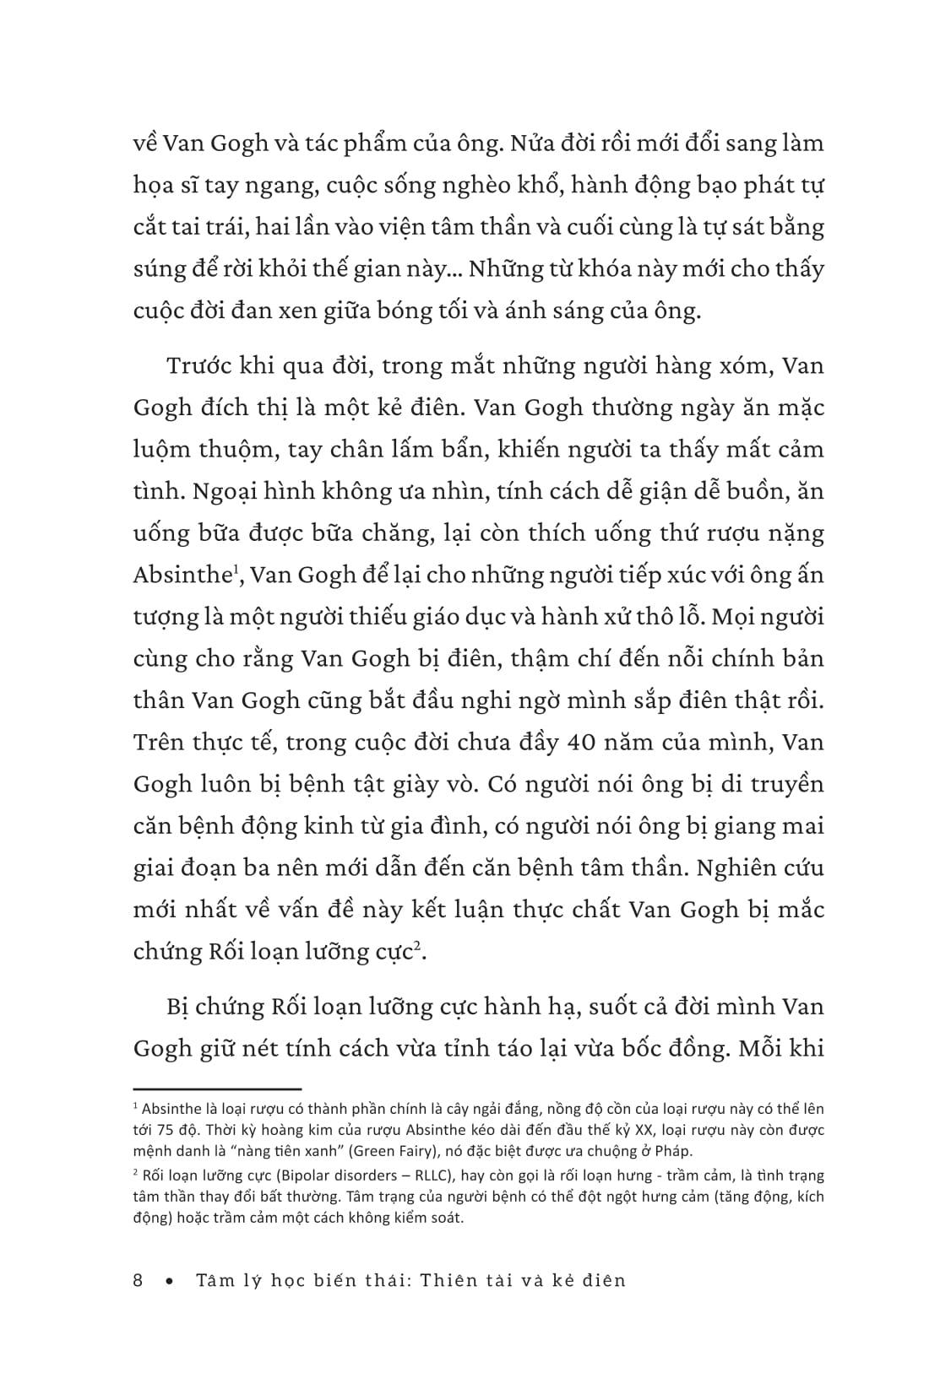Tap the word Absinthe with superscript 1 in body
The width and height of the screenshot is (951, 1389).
click(x=181, y=576)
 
